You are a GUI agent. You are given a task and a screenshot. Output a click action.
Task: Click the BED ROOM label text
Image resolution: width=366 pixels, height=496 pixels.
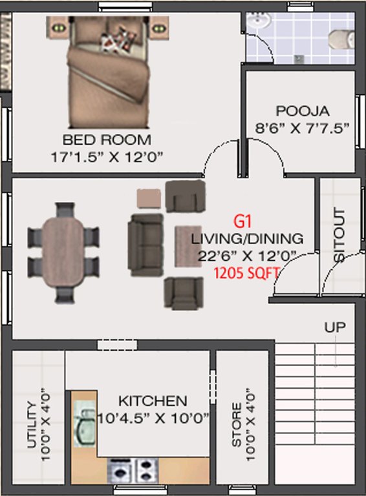click(x=107, y=139)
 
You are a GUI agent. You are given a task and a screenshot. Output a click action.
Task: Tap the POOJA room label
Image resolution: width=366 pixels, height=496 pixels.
click(x=303, y=110)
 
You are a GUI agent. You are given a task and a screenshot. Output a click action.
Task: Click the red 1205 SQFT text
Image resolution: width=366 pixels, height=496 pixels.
click(x=246, y=273)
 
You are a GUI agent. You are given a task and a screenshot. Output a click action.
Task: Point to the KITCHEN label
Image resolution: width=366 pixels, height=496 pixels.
click(x=153, y=401)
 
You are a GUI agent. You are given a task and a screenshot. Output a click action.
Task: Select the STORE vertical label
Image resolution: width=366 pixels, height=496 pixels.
click(x=237, y=426)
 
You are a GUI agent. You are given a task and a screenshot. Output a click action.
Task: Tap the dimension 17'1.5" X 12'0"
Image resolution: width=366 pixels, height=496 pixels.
click(x=107, y=156)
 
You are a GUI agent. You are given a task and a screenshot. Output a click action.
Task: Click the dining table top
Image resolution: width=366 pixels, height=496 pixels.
click(x=63, y=253)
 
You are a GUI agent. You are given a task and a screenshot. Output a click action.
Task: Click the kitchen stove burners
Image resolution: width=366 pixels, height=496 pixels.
click(x=132, y=467)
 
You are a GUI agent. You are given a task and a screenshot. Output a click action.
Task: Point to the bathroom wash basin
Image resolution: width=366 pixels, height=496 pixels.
click(x=260, y=21)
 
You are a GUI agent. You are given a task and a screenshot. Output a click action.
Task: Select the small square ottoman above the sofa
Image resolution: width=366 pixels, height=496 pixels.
click(x=149, y=198)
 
